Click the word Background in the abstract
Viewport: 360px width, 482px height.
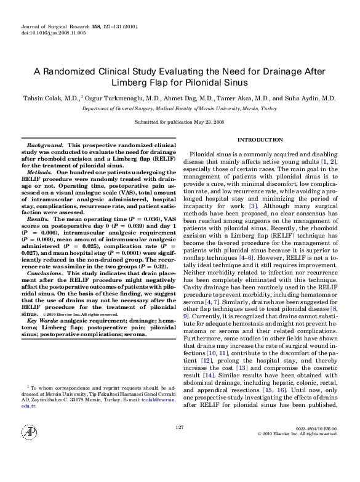(49, 145)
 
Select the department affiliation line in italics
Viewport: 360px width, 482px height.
(180, 107)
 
